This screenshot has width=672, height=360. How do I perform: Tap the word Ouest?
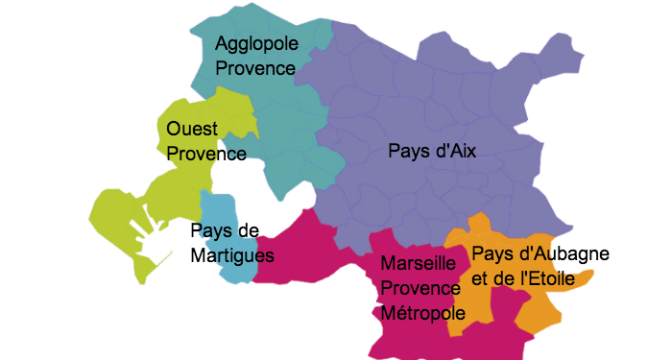tap(192, 129)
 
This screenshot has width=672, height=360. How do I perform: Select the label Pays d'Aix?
tap(432, 151)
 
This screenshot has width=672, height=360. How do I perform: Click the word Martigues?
tap(232, 255)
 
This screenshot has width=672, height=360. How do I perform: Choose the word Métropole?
tap(422, 313)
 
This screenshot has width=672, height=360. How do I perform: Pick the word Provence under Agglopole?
tap(255, 68)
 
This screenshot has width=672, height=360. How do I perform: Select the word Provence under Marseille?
tap(419, 288)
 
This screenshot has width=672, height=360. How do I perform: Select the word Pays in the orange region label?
tap(491, 254)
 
